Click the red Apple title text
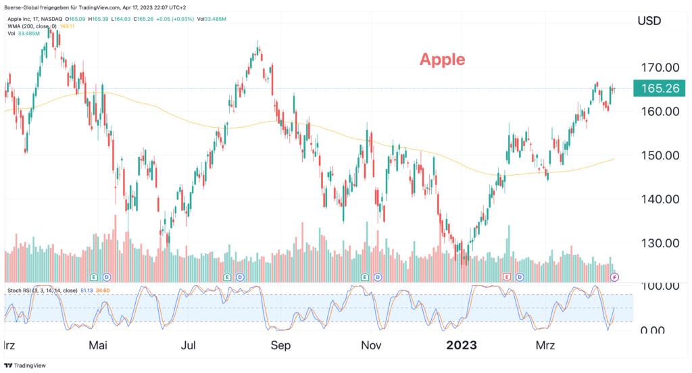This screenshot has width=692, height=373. (442, 59)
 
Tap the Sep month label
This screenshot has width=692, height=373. (280, 346)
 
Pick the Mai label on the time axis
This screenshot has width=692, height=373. (98, 346)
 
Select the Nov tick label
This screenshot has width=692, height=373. (372, 346)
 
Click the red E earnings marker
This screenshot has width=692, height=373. (506, 277)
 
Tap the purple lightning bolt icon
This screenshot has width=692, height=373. (614, 277)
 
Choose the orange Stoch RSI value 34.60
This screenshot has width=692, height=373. (103, 291)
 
